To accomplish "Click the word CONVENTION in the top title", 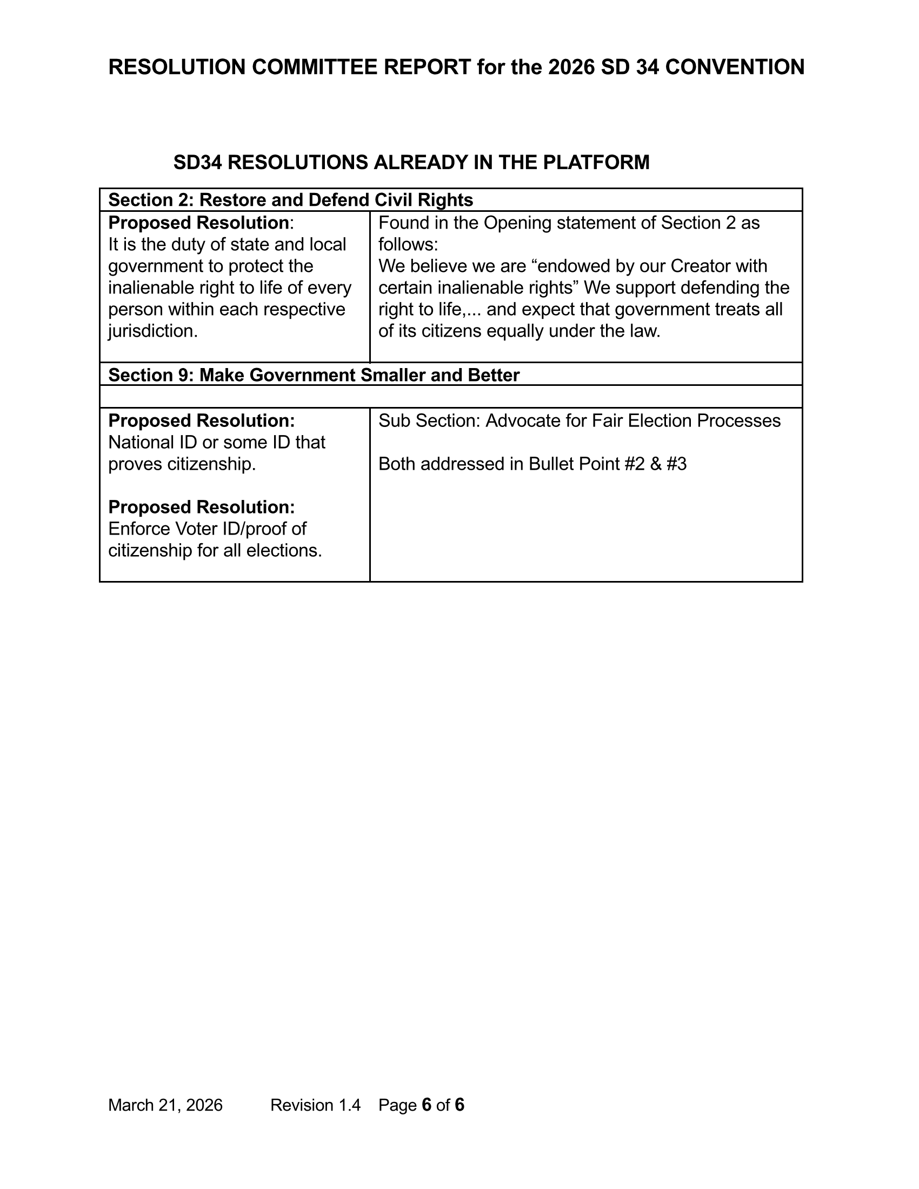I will click(735, 67).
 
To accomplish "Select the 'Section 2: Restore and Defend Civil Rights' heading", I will click(291, 200).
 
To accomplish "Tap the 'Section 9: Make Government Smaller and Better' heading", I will click(314, 375).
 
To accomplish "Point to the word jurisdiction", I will click(152, 331).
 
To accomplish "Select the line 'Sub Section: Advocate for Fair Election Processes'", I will click(580, 421).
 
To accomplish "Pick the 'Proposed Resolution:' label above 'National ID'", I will click(202, 421).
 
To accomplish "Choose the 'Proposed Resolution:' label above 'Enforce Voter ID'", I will click(202, 507).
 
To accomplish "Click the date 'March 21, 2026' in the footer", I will click(165, 1105).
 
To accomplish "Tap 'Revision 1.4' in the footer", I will click(315, 1105).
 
